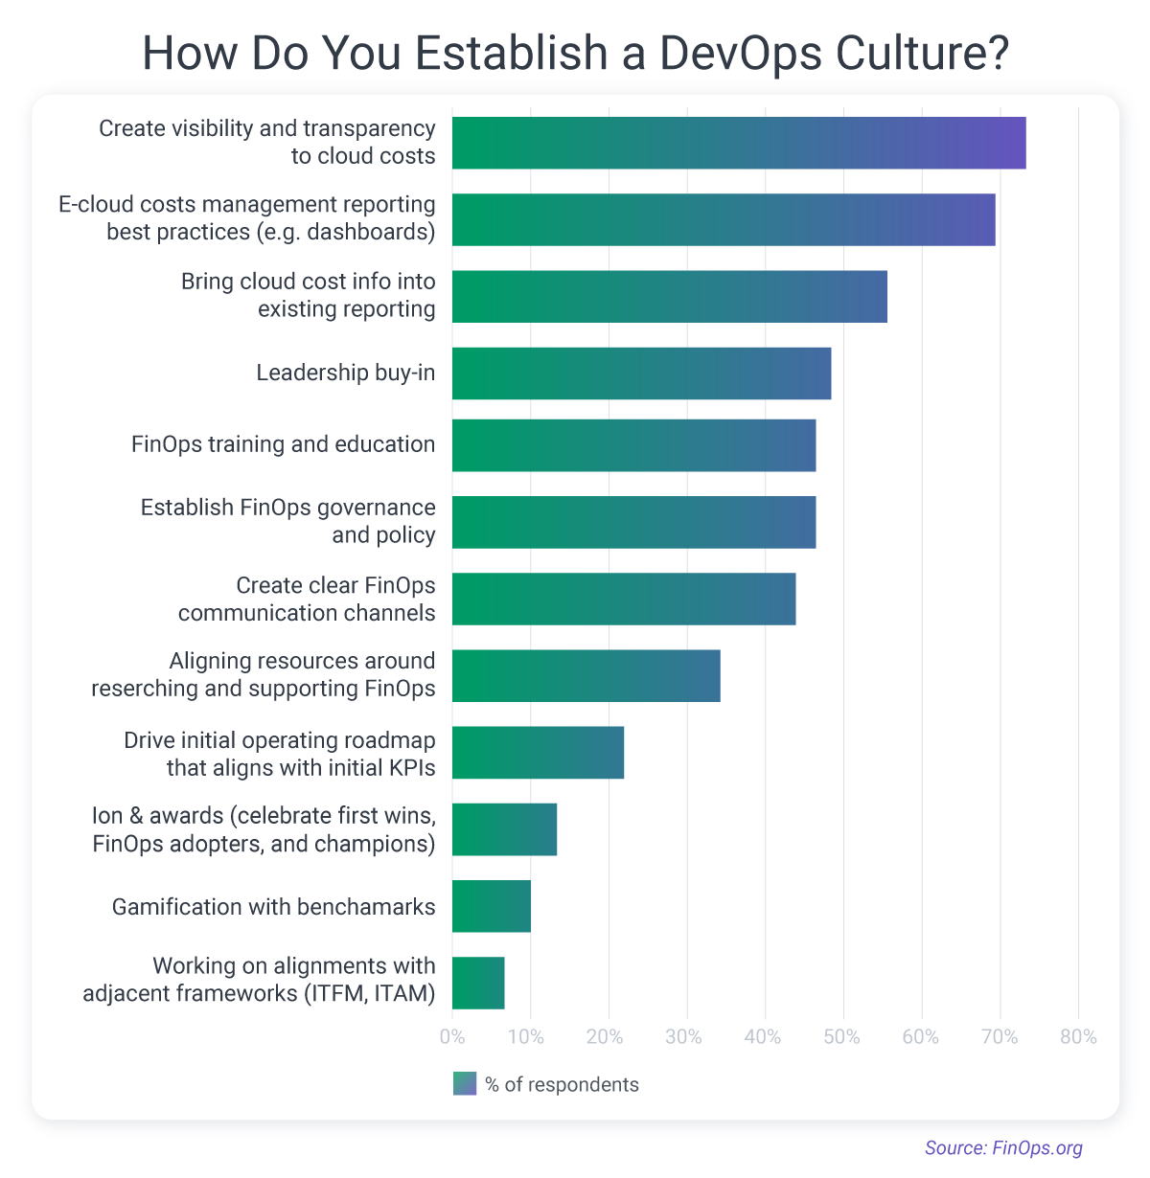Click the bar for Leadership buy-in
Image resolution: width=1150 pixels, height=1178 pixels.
(641, 374)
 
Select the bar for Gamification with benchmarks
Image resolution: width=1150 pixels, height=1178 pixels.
(491, 906)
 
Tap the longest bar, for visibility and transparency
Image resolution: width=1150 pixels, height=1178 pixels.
(738, 143)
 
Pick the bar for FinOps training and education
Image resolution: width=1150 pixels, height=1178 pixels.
(633, 445)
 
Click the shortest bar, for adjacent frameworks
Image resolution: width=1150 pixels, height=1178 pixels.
(478, 983)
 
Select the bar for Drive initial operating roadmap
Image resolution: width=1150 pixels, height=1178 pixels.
(538, 753)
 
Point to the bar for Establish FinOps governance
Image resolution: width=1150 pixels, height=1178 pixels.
(633, 522)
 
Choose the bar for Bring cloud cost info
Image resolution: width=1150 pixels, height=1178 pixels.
(669, 297)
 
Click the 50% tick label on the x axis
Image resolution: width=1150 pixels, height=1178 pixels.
(842, 1037)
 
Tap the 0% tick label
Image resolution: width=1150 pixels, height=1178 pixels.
(452, 1037)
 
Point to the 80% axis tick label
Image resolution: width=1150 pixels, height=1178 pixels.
(1078, 1037)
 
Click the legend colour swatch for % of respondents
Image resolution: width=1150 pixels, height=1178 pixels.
(465, 1084)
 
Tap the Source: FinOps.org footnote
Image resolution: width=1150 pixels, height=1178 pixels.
(1003, 1147)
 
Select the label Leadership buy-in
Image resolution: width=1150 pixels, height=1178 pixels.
(345, 373)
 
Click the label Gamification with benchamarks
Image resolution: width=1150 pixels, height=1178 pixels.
(273, 907)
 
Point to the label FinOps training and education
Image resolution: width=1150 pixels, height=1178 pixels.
(283, 444)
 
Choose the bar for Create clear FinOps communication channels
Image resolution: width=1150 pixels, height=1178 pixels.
(623, 599)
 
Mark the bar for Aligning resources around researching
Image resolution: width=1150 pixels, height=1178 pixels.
(586, 675)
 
